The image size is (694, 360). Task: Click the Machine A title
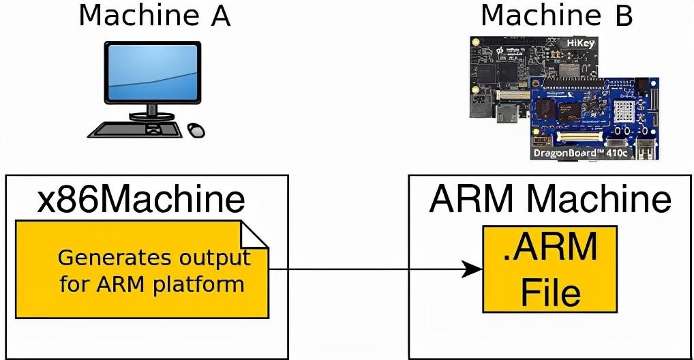[x=154, y=16]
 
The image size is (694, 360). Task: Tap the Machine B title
[x=556, y=16]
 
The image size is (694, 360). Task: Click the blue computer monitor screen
[x=152, y=72]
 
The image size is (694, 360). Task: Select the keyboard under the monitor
[x=135, y=129]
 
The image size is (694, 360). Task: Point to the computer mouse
[x=196, y=130]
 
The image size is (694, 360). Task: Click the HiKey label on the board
[x=580, y=44]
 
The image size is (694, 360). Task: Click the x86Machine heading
[x=142, y=199]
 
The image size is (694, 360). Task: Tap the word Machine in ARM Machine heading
[x=598, y=199]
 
